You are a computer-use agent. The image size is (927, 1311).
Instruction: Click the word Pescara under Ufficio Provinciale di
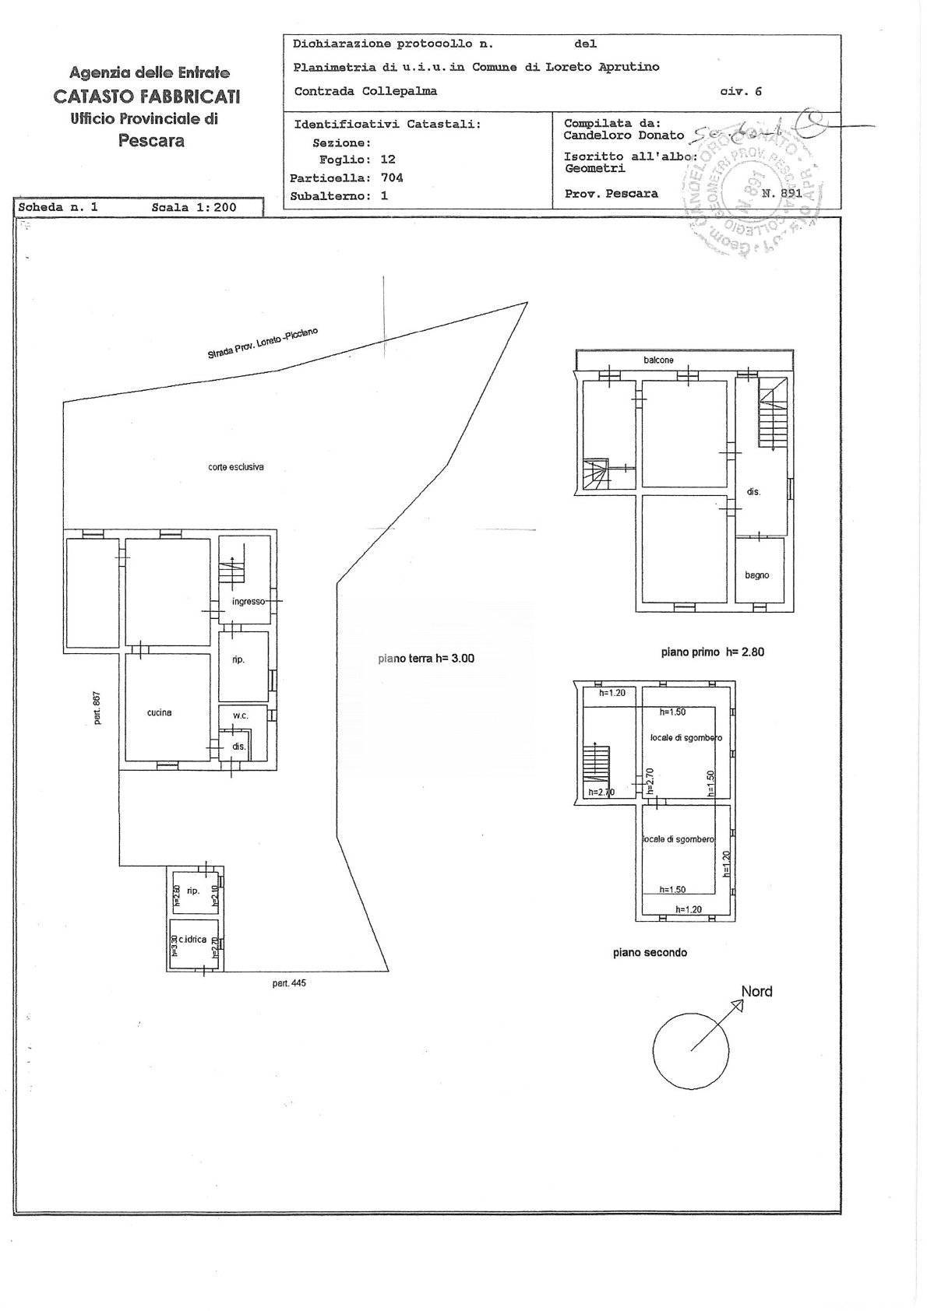click(151, 141)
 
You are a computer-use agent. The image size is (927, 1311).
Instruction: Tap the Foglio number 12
click(387, 159)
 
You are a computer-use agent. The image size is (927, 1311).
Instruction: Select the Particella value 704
click(392, 177)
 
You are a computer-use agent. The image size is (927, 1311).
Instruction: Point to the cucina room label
click(159, 712)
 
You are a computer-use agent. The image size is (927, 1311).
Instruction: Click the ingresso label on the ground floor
click(248, 602)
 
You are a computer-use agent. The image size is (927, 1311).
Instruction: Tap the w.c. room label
click(239, 715)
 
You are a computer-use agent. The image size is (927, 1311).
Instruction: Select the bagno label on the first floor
click(756, 575)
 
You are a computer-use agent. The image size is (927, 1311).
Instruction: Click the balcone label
click(658, 360)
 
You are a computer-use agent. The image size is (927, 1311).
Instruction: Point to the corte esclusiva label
click(235, 467)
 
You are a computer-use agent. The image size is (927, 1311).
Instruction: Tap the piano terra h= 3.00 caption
click(426, 659)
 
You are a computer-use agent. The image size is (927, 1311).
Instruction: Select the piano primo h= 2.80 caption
click(712, 652)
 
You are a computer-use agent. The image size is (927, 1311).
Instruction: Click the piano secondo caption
click(650, 952)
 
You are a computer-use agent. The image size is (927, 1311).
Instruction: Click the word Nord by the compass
click(756, 992)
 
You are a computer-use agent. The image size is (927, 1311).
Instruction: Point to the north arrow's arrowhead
click(738, 1003)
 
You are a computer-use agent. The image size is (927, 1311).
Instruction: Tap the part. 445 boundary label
click(289, 983)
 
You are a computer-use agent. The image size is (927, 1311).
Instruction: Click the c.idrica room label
click(192, 940)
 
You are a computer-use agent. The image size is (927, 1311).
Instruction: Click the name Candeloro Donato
click(624, 135)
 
